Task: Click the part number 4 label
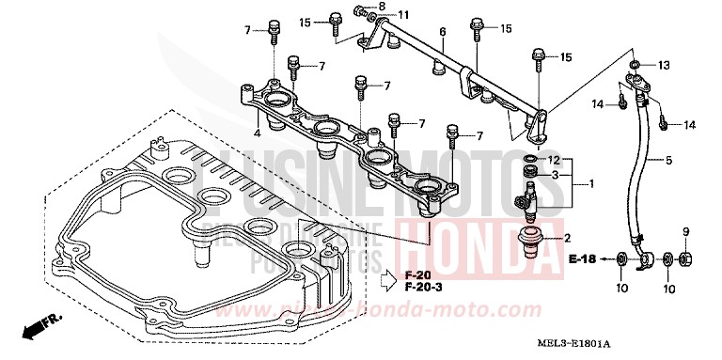257,133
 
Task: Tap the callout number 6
441,32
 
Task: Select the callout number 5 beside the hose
669,160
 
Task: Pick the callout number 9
685,231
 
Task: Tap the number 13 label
664,65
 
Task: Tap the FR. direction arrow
39,325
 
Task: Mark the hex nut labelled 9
686,258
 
